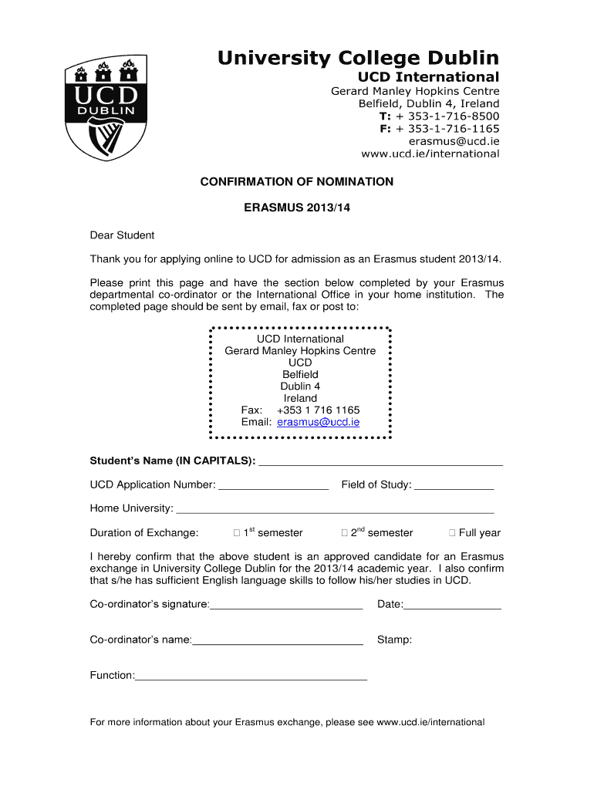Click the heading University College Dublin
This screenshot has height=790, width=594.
click(358, 58)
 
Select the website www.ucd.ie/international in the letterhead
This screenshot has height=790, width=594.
click(430, 154)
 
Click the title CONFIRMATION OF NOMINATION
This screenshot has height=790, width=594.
click(297, 182)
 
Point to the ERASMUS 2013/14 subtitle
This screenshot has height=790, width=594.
click(297, 208)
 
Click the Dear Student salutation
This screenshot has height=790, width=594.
click(122, 235)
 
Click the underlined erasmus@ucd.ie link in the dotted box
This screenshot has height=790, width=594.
click(318, 422)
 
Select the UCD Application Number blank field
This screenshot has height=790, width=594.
click(274, 486)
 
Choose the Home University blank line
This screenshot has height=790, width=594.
click(334, 510)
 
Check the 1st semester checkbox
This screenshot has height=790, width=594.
click(236, 533)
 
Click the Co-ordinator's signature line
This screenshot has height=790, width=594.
click(286, 606)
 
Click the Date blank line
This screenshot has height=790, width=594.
click(452, 606)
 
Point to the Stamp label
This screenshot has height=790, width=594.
click(394, 640)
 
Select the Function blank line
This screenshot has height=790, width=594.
click(251, 677)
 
